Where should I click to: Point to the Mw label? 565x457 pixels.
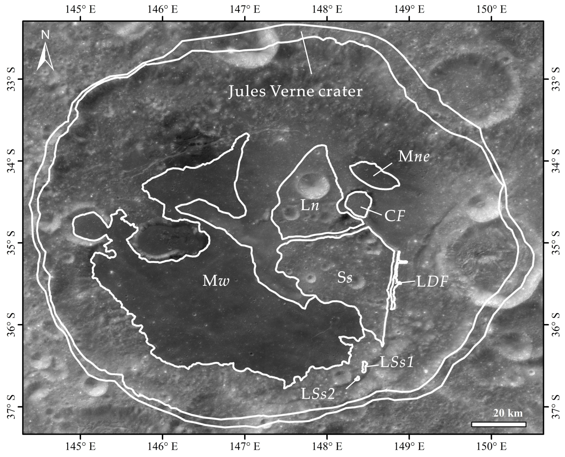pyautogui.click(x=216, y=281)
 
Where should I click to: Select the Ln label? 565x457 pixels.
pyautogui.click(x=310, y=206)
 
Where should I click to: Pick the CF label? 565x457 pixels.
pyautogui.click(x=394, y=216)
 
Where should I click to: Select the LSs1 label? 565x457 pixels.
pyautogui.click(x=396, y=362)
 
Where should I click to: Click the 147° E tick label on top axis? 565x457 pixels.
pyautogui.click(x=245, y=10)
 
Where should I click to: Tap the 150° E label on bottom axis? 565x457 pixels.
pyautogui.click(x=492, y=446)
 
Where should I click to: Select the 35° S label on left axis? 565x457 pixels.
pyautogui.click(x=12, y=243)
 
